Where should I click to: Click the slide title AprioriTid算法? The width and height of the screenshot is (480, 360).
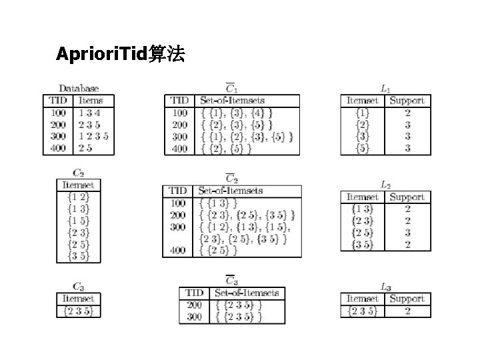[x=121, y=55]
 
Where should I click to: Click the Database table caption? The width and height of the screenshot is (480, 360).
[x=79, y=88]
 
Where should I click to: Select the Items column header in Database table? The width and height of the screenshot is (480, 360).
[x=91, y=101]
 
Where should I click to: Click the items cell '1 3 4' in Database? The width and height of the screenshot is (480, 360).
[x=89, y=113]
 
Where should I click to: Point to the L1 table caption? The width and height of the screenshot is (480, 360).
[x=385, y=88]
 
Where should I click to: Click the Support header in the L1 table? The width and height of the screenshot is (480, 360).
[x=407, y=101]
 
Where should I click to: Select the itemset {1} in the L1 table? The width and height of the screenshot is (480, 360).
[x=362, y=113]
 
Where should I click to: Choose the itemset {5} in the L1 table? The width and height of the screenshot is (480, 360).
[x=362, y=149]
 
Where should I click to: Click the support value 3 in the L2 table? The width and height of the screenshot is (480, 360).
[x=407, y=233]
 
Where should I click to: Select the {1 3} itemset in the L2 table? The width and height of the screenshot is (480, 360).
[x=362, y=209]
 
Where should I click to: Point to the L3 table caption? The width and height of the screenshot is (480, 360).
[x=385, y=287]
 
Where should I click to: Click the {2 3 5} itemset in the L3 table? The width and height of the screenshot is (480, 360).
[x=362, y=311]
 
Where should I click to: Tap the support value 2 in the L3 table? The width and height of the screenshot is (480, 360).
[x=407, y=311]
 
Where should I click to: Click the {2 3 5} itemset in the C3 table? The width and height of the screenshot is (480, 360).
[x=78, y=311]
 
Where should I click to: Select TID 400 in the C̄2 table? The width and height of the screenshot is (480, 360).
[x=178, y=250]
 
